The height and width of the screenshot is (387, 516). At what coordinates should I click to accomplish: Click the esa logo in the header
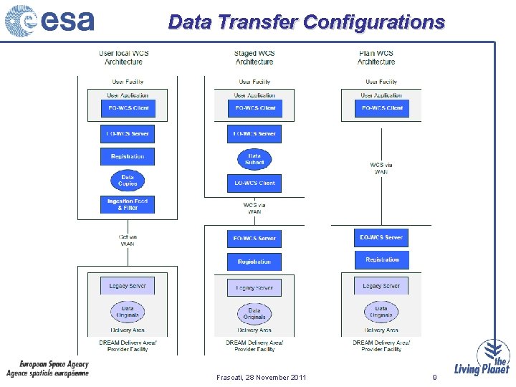49,21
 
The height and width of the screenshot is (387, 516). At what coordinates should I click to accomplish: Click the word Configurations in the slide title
373,22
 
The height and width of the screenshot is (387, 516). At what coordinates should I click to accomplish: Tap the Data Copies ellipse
128,180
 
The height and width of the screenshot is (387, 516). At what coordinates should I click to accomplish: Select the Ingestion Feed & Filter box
128,204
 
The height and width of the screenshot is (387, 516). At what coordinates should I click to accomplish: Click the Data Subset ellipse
254,159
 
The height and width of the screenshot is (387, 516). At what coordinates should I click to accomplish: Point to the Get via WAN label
128,240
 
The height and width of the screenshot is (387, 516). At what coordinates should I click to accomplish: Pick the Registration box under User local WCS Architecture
128,156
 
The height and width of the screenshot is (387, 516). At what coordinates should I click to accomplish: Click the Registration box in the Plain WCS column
382,260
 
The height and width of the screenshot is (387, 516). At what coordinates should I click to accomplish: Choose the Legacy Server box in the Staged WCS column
254,287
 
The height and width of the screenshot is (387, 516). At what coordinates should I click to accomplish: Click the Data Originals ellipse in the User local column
128,312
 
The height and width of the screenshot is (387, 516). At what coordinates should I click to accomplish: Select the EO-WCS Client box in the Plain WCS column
381,108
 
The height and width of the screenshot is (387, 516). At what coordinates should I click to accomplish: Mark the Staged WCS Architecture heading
254,57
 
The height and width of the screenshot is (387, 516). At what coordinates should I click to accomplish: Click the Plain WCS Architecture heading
376,57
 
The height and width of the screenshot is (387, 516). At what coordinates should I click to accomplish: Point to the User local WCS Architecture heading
124,57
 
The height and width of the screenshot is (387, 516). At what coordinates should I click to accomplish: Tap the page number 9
434,377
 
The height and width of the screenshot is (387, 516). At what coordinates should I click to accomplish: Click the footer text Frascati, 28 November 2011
261,377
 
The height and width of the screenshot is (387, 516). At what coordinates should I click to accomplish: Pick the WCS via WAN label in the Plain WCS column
381,168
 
